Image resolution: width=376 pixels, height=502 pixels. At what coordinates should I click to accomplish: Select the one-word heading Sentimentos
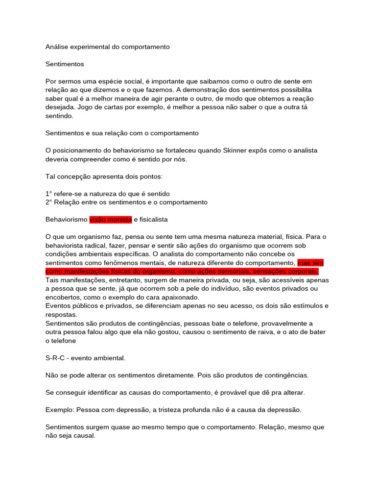65,64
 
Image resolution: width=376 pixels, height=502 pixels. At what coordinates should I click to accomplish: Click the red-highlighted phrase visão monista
111,220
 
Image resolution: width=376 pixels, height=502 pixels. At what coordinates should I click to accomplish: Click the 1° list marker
48,194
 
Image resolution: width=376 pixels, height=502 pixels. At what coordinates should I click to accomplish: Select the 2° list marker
48,202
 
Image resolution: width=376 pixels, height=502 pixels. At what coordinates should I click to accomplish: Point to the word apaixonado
181,298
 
